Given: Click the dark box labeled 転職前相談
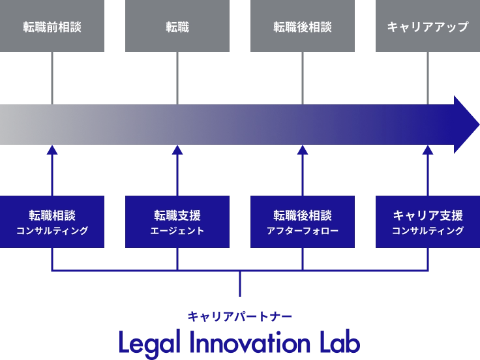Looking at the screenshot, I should (x=52, y=27).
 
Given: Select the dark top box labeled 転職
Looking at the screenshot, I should (x=177, y=27).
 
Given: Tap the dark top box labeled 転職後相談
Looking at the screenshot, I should (x=303, y=27).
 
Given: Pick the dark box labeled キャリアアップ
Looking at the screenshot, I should (x=428, y=27).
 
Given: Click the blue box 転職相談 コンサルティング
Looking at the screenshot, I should (x=52, y=222).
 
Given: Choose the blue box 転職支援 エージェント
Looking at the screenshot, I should (x=177, y=222).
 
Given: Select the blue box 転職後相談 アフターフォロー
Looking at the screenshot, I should (x=303, y=222).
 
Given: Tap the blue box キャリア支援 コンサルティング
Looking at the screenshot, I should (x=428, y=222).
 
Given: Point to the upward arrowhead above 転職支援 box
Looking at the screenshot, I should (x=177, y=151).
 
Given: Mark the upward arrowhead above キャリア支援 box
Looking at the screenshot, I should (x=428, y=151).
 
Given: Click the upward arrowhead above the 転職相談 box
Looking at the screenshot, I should (x=52, y=151).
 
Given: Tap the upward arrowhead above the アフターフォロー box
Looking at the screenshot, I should (x=303, y=151).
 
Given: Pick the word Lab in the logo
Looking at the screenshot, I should (x=338, y=340).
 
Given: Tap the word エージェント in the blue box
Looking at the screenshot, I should (x=177, y=231).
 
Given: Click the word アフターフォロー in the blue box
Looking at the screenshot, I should (x=303, y=231).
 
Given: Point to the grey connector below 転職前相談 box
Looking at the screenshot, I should (x=52, y=78).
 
